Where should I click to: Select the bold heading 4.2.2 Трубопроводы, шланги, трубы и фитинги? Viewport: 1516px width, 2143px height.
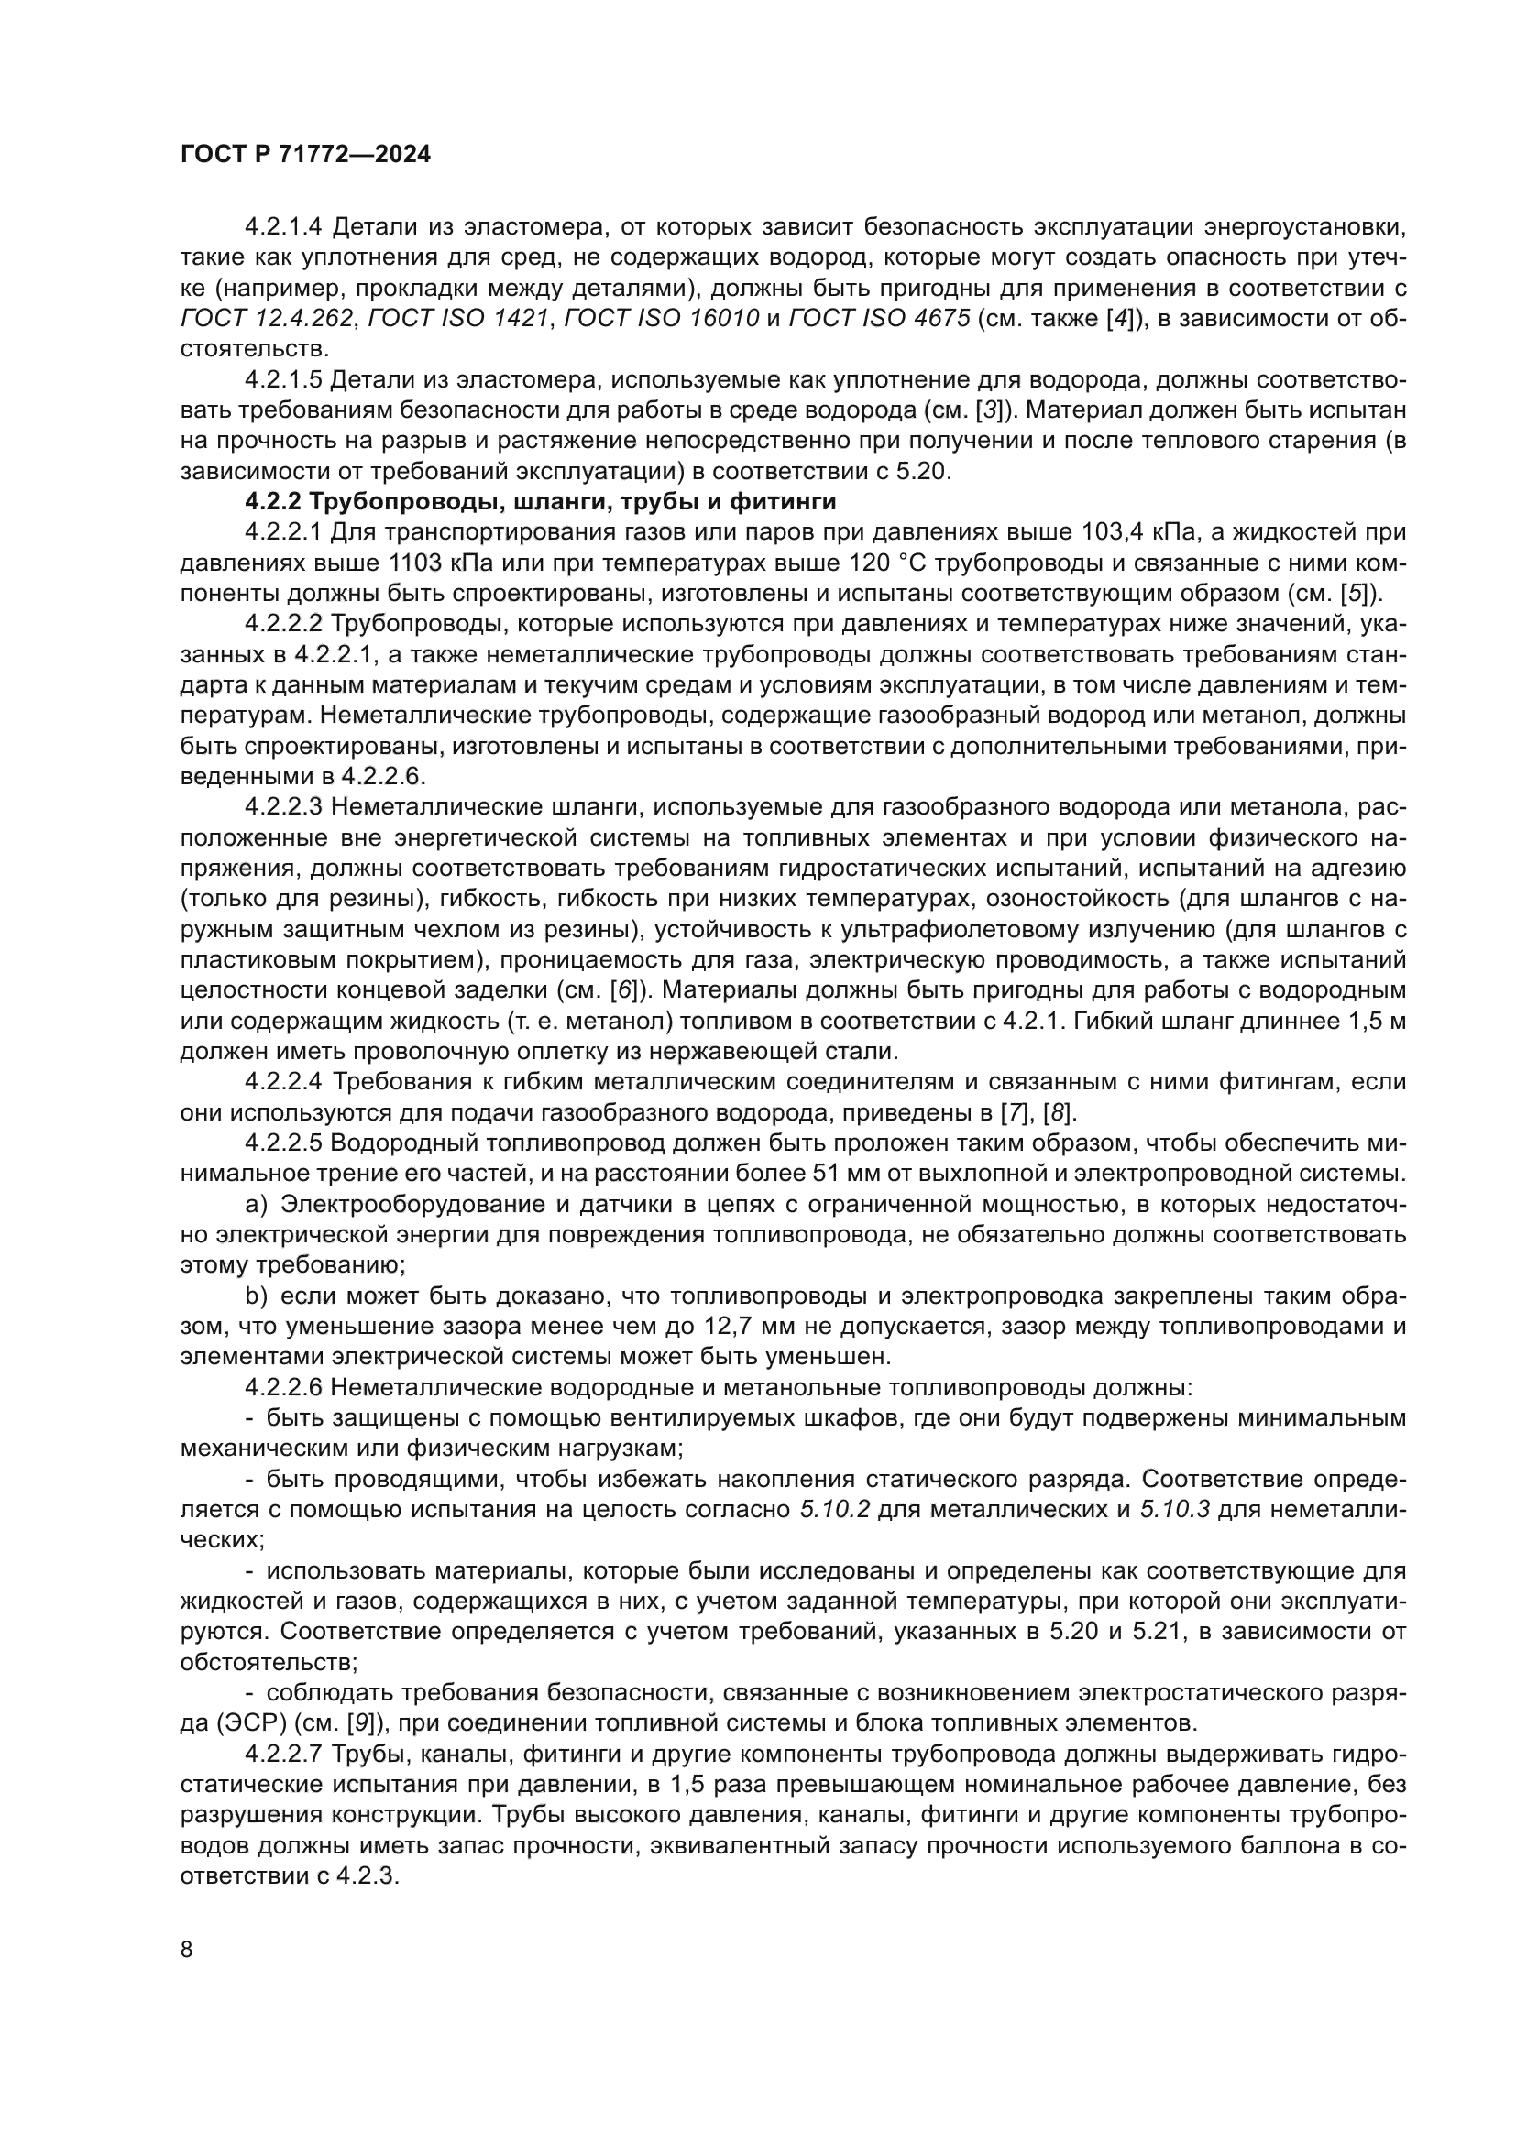click(541, 502)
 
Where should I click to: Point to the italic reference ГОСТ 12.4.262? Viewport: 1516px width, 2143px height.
click(267, 319)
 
